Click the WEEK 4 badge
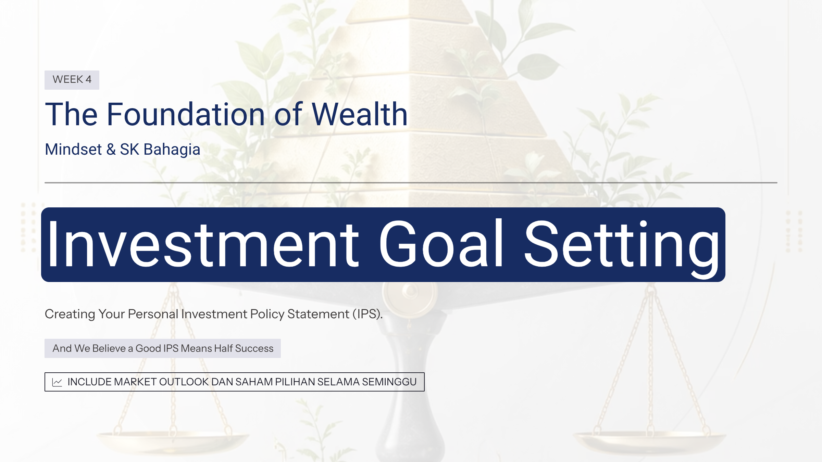click(x=72, y=80)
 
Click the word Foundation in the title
click(x=186, y=114)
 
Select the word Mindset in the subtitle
click(x=73, y=150)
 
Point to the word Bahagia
click(x=172, y=150)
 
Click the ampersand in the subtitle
click(x=111, y=150)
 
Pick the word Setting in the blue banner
click(x=622, y=248)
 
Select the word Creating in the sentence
click(x=70, y=314)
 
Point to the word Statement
click(x=318, y=314)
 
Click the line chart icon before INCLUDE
click(x=57, y=382)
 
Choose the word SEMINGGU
click(x=389, y=382)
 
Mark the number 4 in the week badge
click(x=88, y=79)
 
